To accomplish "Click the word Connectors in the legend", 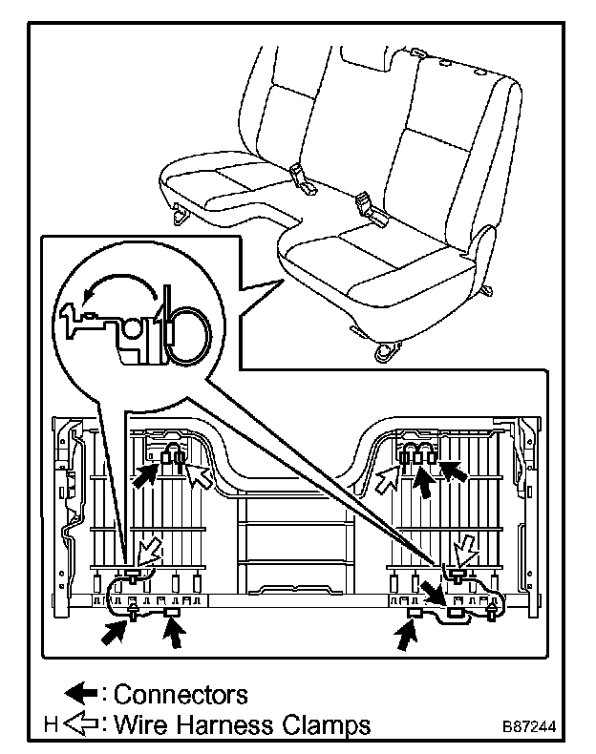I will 181,694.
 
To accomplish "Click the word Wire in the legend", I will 141,725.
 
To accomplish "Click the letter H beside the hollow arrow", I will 51,725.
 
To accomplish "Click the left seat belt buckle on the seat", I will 300,176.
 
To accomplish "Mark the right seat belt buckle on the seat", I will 368,204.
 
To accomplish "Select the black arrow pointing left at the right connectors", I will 455,470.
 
